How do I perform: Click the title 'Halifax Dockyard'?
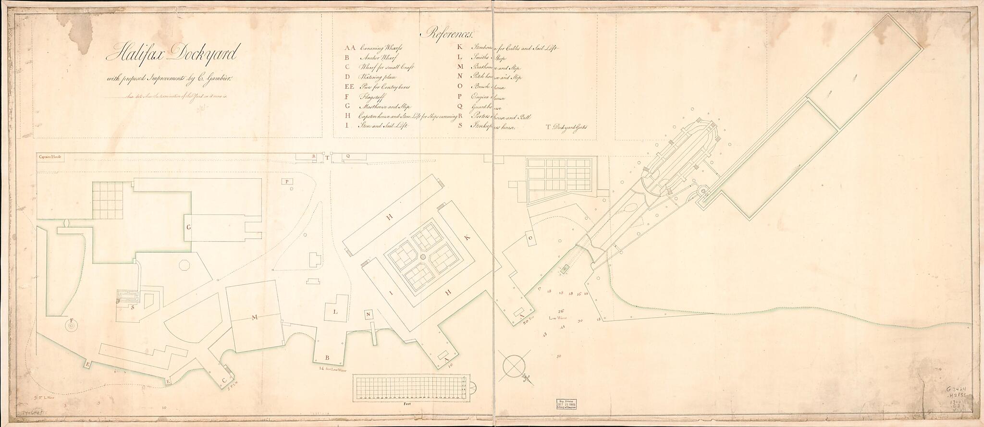coord(170,56)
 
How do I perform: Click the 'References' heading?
coord(447,34)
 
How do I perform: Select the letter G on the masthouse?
coord(189,229)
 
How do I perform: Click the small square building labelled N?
coord(368,315)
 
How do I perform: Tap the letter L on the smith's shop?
coord(336,312)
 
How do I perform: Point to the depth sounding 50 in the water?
coord(558,357)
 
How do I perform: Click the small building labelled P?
coord(287,182)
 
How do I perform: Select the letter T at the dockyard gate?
coord(326,157)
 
